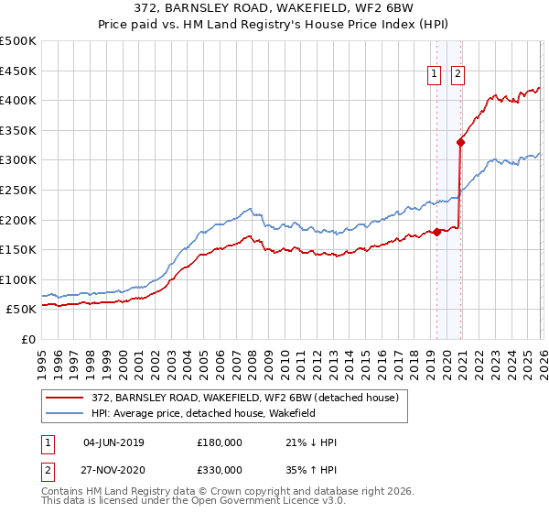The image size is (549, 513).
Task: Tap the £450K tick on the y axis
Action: pos(18,71)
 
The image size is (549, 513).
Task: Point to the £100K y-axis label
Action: pos(18,279)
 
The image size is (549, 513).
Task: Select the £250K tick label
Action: pos(18,190)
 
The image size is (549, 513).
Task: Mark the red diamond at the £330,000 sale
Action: pos(461,142)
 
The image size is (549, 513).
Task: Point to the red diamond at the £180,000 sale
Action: pos(437,232)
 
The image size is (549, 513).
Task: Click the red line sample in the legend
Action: pos(66,398)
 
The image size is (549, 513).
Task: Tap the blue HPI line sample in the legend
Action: pos(66,414)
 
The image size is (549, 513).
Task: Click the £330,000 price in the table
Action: pos(220,469)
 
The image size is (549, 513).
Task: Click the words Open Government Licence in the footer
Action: pos(242,503)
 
